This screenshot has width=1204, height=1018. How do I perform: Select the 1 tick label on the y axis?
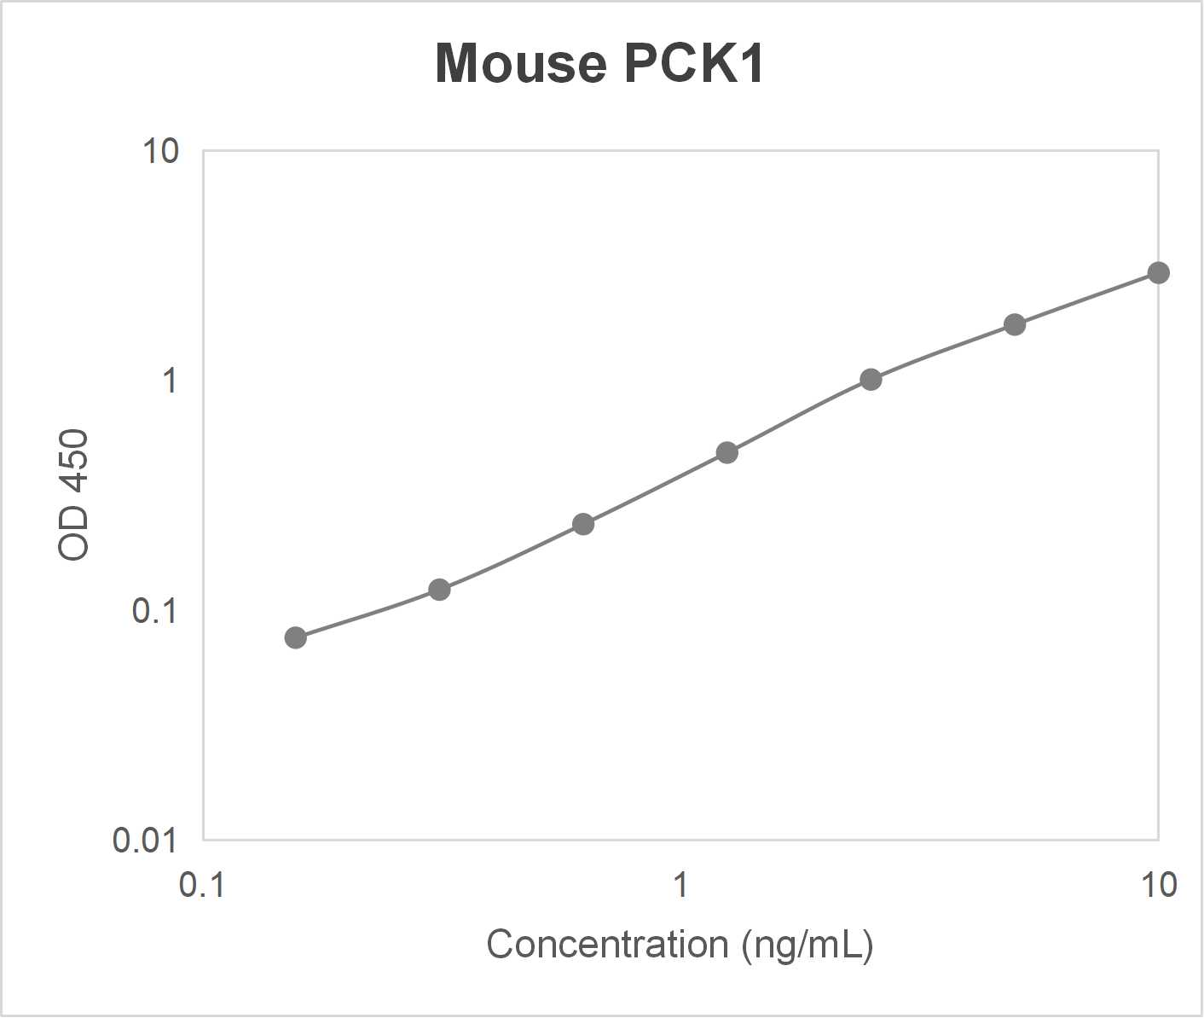tap(171, 381)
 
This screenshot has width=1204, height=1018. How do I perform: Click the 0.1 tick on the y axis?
tap(154, 611)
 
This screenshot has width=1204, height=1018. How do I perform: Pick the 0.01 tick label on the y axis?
tap(145, 841)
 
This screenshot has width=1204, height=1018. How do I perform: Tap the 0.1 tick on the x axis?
tap(202, 886)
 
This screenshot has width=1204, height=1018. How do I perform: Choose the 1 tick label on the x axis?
tap(680, 886)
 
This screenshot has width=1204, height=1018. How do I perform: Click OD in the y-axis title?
tap(74, 539)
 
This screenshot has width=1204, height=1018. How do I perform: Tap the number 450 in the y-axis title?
tap(74, 462)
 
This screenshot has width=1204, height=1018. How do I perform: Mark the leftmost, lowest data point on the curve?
tap(295, 637)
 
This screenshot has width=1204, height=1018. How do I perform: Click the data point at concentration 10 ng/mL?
tap(1158, 273)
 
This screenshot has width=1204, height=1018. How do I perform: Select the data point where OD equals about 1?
tap(871, 380)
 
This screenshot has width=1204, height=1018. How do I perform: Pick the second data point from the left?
tap(439, 590)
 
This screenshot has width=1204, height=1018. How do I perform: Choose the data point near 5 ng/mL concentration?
tap(1015, 324)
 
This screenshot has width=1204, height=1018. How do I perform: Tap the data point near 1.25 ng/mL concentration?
tap(726, 452)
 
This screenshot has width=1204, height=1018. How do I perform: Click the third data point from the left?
tap(583, 524)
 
